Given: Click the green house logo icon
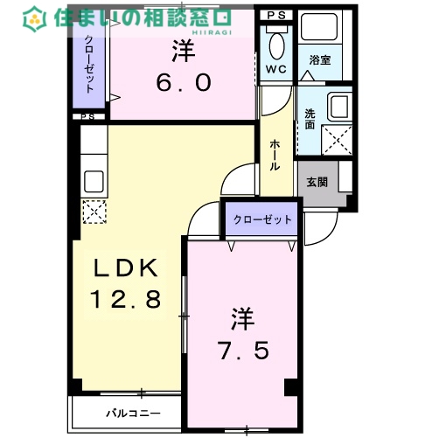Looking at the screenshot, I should click(x=35, y=17).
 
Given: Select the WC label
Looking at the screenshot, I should click(x=276, y=67).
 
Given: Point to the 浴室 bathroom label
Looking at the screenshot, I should click(x=319, y=60).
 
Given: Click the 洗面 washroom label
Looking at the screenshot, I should click(x=310, y=119).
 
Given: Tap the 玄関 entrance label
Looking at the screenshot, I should click(x=317, y=183).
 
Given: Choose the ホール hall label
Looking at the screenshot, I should click(x=275, y=155).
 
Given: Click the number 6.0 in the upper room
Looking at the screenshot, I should click(x=183, y=81).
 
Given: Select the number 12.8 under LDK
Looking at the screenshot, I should click(x=126, y=300).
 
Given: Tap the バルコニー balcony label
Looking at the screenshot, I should click(x=132, y=412).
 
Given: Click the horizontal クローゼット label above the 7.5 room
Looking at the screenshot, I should click(x=262, y=219).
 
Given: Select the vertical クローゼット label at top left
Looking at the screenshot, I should click(x=90, y=62).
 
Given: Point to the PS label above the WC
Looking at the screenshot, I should click(x=276, y=16).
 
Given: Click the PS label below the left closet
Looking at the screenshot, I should click(x=87, y=116).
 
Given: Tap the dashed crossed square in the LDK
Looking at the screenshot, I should click(x=92, y=211).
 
